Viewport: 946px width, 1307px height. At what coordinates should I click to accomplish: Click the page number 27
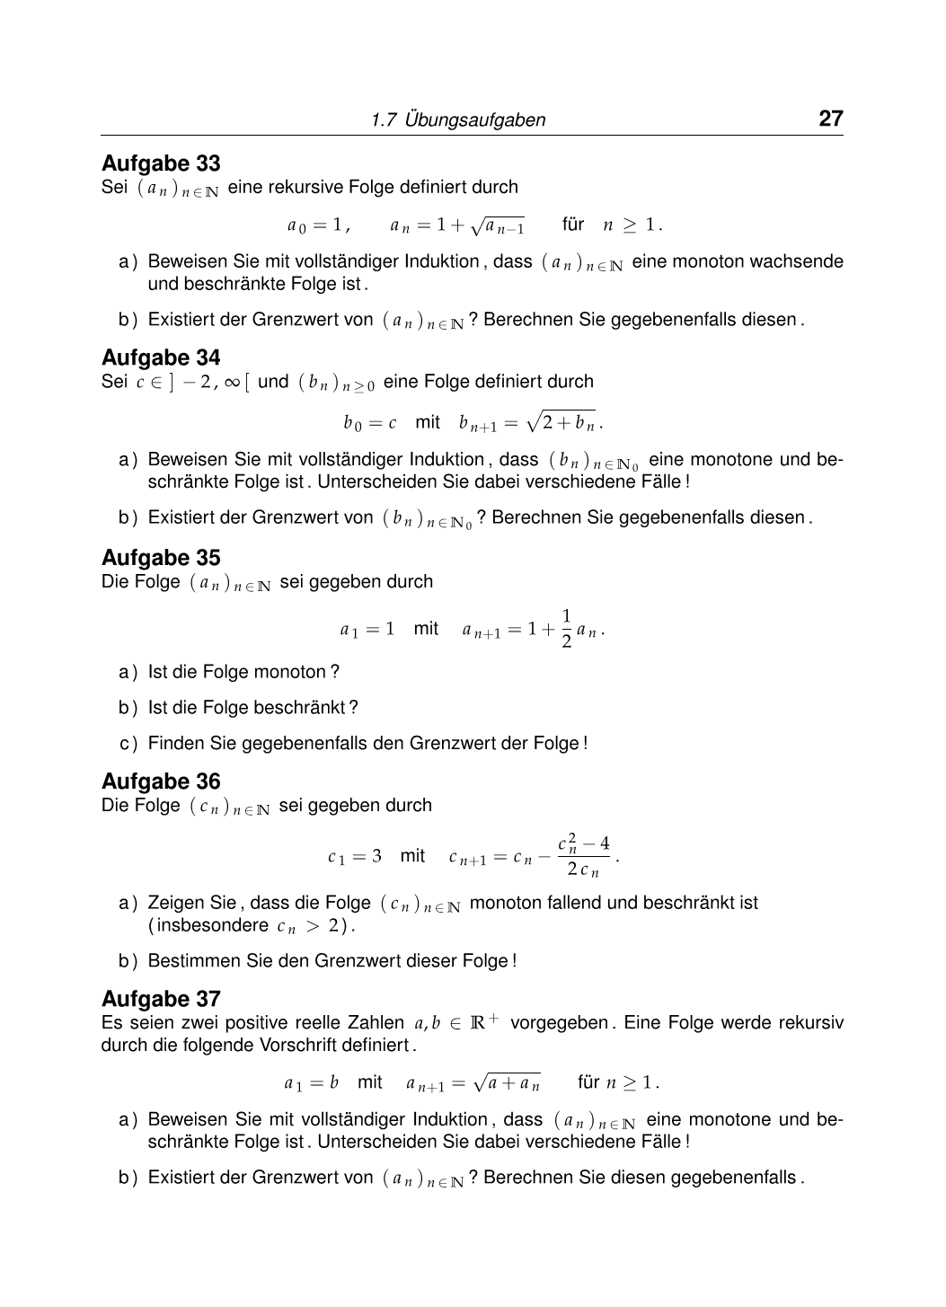830,119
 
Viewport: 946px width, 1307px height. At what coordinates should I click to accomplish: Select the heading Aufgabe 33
161,163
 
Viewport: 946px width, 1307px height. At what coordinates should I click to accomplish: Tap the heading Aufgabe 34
161,358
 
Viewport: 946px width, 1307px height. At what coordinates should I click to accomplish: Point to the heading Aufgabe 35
161,558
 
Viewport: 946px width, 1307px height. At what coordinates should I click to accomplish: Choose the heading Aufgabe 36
161,782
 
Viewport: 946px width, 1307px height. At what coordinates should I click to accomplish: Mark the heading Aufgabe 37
161,999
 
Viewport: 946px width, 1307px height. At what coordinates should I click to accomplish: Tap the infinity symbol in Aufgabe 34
232,382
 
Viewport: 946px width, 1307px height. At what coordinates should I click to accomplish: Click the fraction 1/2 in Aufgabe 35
566,629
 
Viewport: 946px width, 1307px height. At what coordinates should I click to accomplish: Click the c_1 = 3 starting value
355,857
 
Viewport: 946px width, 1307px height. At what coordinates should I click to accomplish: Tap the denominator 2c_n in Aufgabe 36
583,870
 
